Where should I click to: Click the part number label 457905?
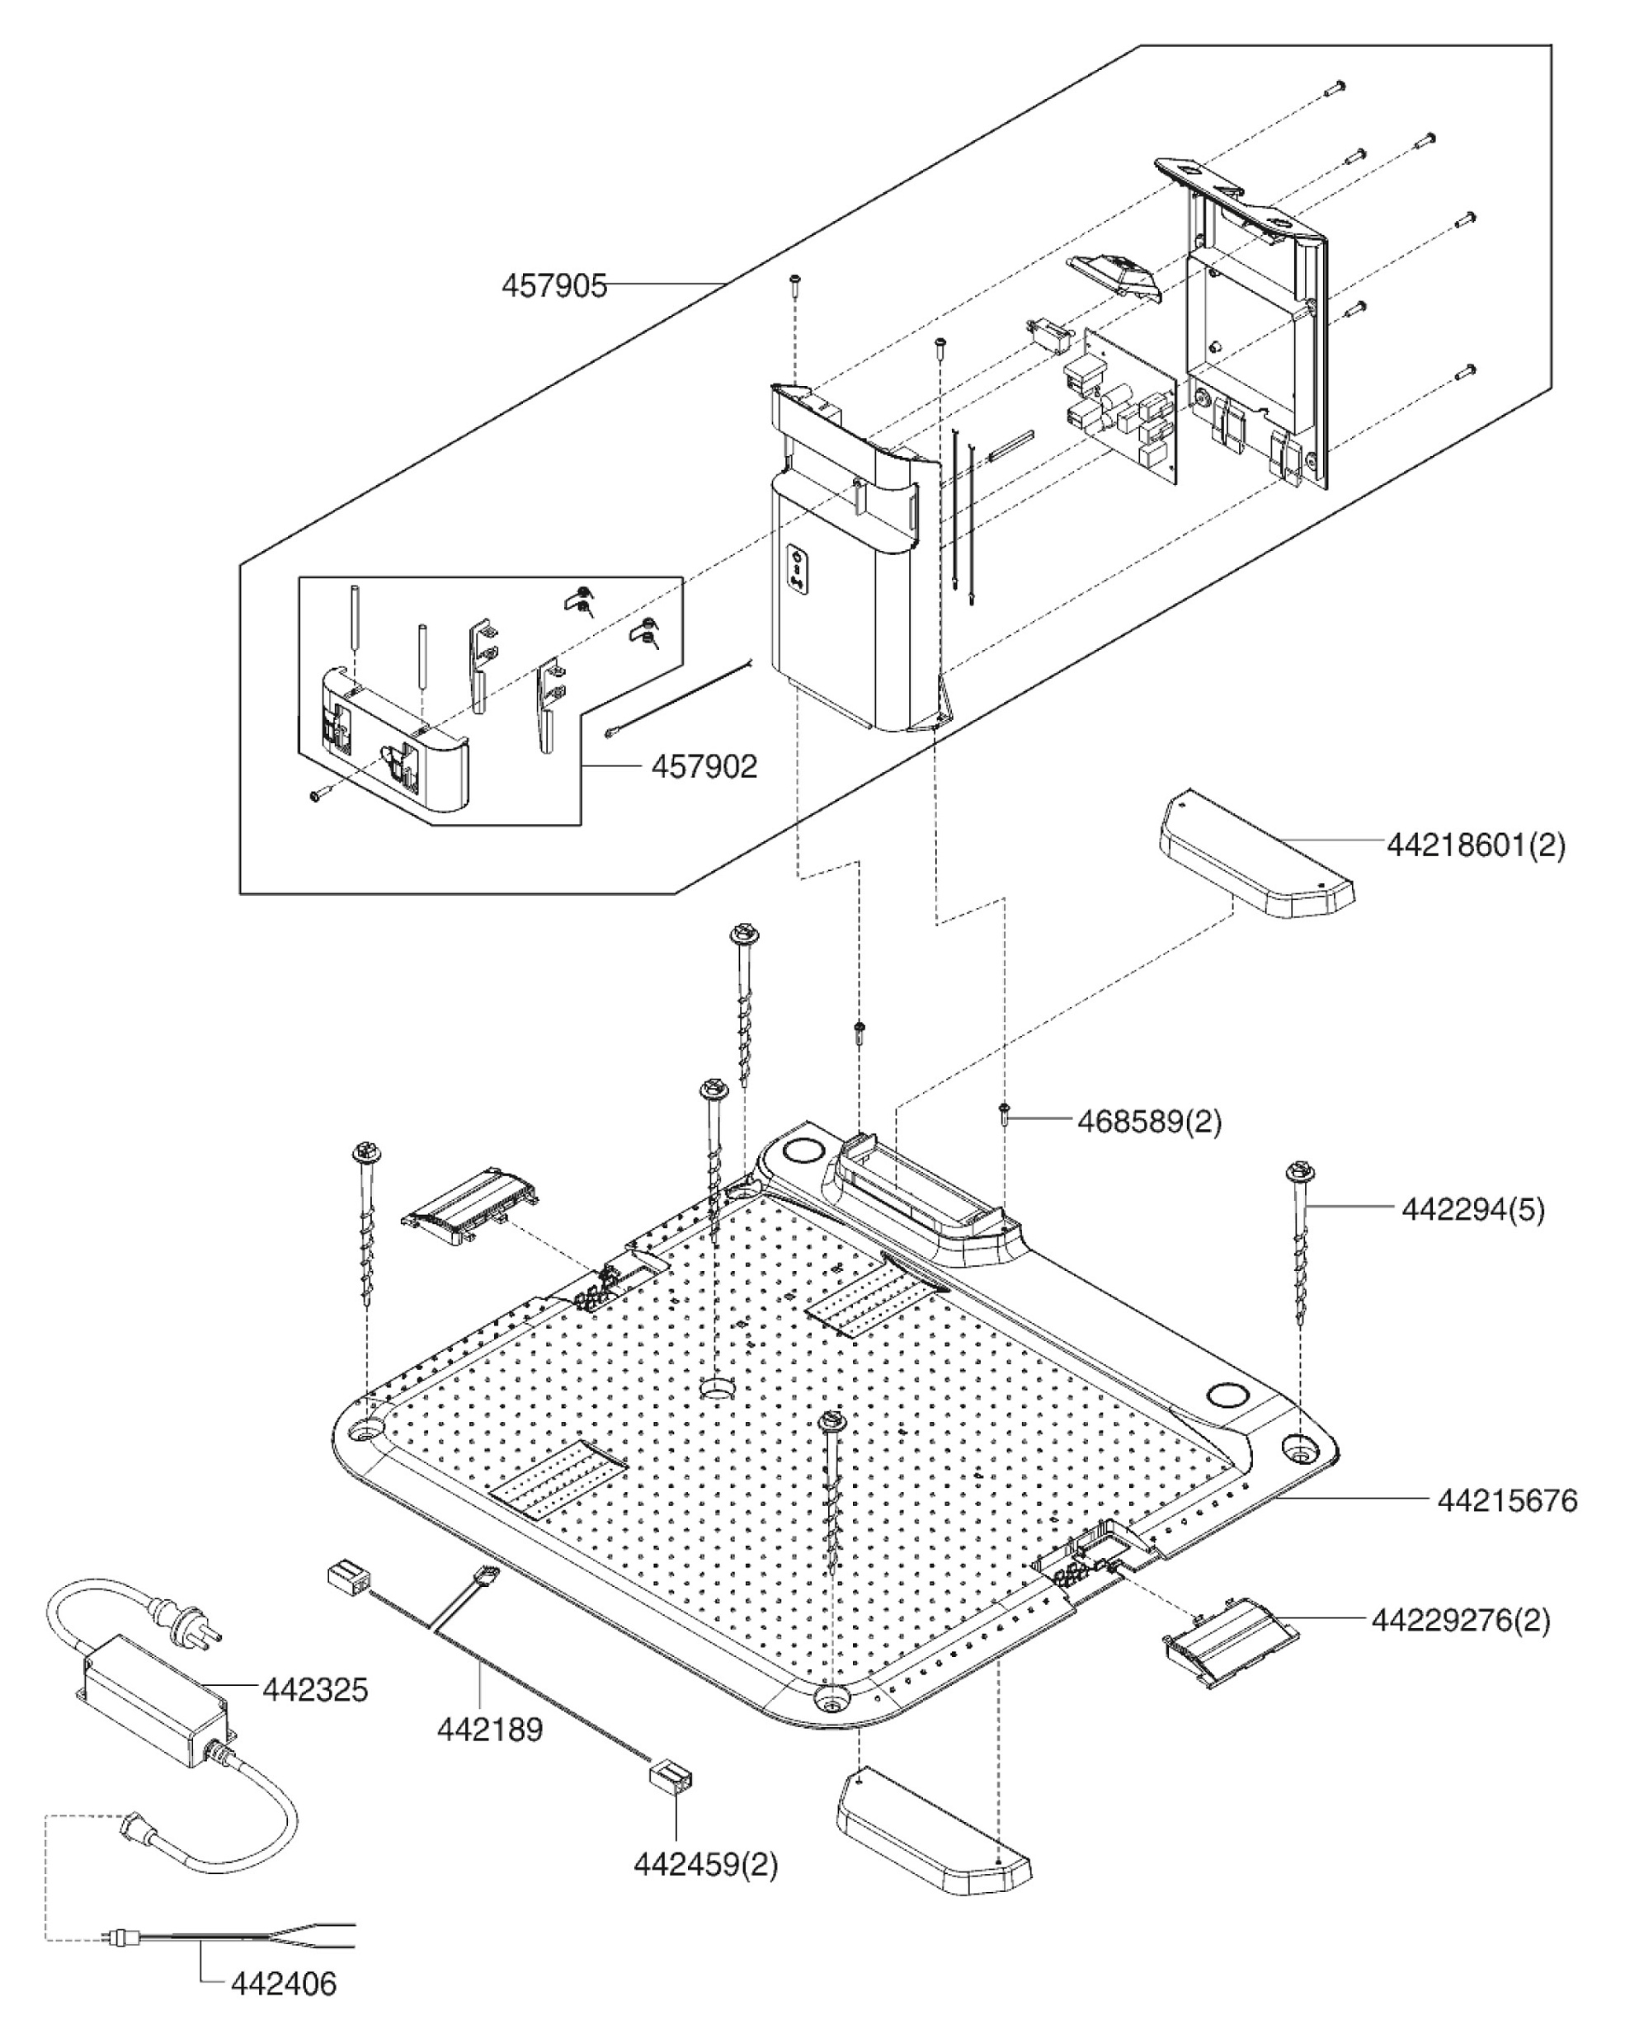tap(554, 285)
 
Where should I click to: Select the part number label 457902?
tap(704, 767)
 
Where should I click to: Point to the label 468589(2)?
tap(1149, 1121)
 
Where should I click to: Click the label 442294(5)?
tap(1472, 1208)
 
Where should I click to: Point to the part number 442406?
tap(283, 1984)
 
